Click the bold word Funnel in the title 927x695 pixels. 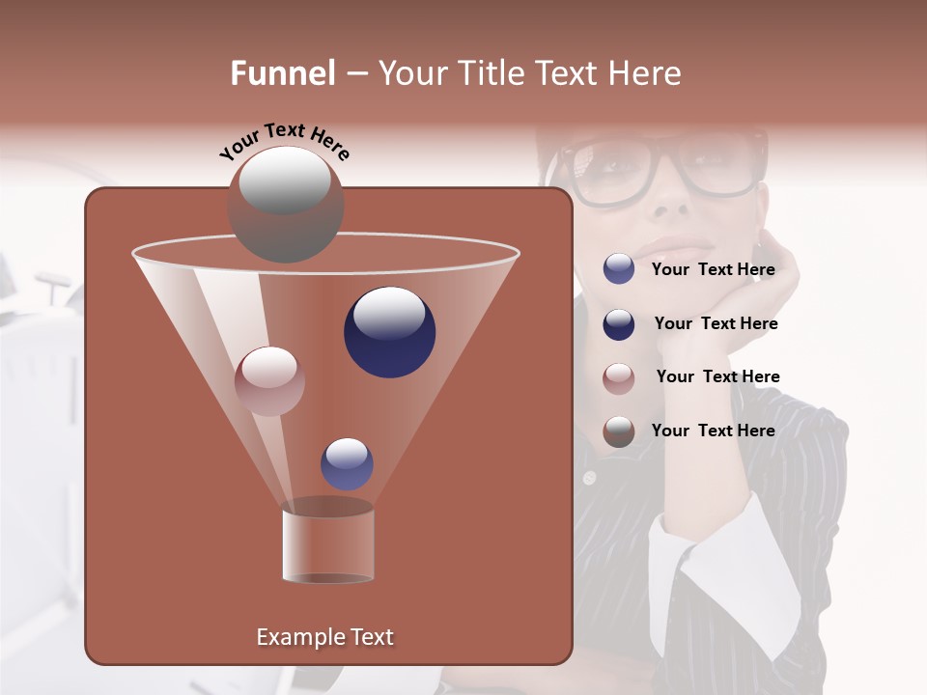coord(283,73)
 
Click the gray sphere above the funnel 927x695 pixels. coord(285,205)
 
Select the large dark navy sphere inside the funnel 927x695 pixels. coord(389,331)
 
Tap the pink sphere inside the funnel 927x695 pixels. coord(269,380)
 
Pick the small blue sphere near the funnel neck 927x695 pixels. coord(347,463)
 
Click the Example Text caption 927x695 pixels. coord(324,637)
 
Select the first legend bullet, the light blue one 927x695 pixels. coord(619,269)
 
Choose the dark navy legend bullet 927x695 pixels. coord(619,324)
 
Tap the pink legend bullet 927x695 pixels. coord(619,378)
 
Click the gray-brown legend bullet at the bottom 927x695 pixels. coord(619,431)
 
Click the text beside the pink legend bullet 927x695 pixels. coord(717,376)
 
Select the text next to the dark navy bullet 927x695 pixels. coord(716,323)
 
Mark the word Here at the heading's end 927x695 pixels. coord(644,73)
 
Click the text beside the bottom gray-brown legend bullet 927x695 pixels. coord(713,431)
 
